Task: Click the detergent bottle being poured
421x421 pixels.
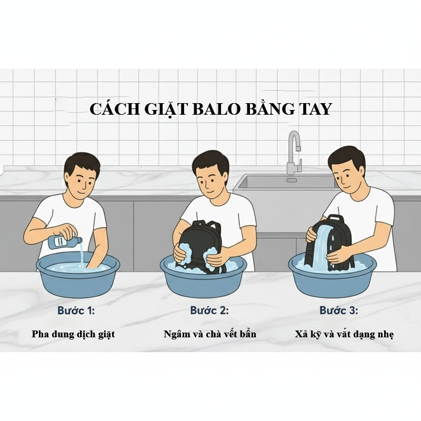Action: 65,242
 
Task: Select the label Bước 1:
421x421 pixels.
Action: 76,310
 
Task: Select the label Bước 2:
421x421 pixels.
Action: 210,310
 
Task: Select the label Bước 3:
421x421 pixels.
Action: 339,310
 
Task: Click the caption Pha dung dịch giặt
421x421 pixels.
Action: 73,334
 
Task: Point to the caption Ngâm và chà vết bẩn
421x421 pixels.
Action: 210,334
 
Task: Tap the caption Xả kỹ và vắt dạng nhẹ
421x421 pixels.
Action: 344,334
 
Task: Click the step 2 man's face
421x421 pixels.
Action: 211,179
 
